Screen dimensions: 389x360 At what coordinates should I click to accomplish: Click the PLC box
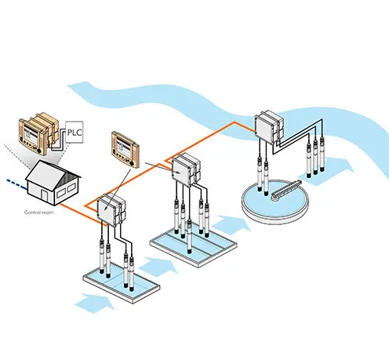click(74, 132)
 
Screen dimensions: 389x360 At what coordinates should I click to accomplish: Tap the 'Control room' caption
click(39, 213)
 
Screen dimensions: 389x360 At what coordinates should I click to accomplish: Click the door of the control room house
click(44, 196)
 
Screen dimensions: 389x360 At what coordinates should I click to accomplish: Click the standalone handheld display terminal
click(125, 149)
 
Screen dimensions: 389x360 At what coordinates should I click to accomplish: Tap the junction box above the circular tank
click(269, 126)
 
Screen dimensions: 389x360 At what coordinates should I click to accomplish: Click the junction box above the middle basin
click(186, 169)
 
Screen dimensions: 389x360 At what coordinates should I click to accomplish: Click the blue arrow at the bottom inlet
click(95, 303)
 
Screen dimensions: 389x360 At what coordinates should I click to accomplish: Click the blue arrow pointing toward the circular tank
click(231, 224)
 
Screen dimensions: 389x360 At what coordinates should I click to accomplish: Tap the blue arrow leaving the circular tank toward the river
click(327, 171)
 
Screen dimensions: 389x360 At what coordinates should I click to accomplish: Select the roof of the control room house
click(53, 171)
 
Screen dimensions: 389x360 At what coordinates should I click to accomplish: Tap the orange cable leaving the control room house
click(80, 213)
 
